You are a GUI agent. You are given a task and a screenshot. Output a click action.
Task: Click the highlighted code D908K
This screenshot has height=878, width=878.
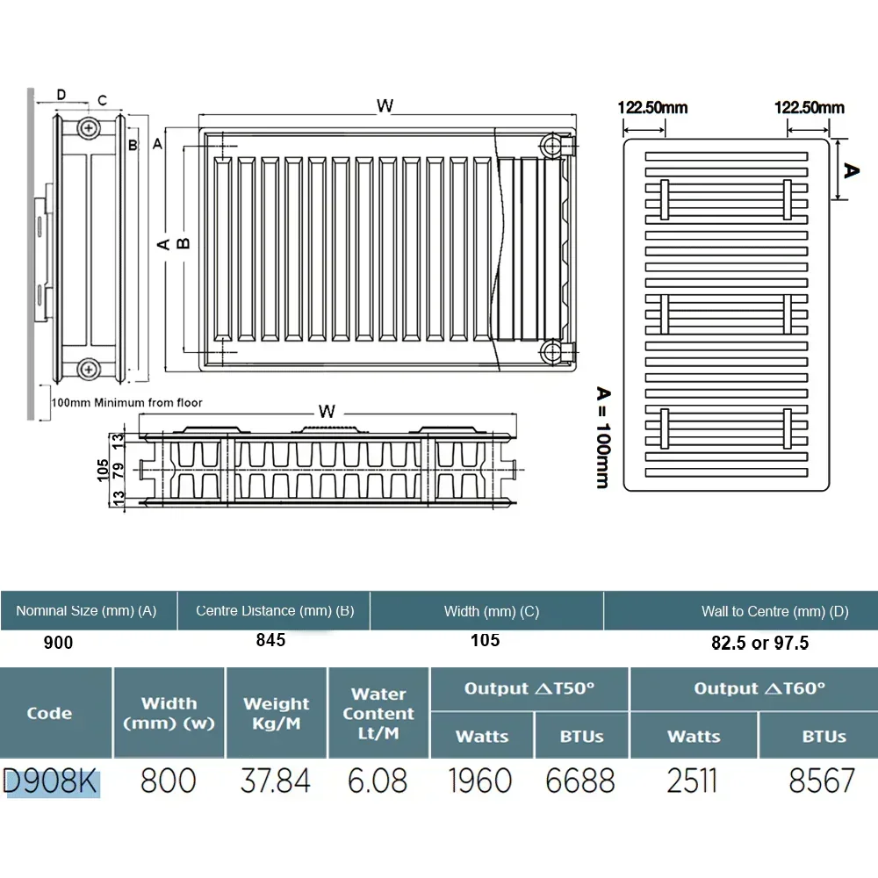tap(50, 781)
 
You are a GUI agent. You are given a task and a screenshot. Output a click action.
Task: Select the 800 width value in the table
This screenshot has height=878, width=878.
tap(168, 781)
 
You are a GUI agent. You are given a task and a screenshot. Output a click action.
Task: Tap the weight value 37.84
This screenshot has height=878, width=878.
tap(275, 781)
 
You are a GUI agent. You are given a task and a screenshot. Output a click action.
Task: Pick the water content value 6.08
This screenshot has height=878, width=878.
tap(377, 781)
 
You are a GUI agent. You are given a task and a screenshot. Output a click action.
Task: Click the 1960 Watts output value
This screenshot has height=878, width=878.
tap(480, 781)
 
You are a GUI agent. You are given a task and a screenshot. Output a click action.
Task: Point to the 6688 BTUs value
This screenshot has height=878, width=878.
tap(580, 781)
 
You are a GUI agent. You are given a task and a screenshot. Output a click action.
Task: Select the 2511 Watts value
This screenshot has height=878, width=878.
tap(692, 781)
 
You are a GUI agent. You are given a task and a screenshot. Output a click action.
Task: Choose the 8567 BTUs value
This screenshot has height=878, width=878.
tap(822, 781)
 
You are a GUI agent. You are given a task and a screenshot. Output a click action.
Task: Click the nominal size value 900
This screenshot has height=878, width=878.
tap(58, 643)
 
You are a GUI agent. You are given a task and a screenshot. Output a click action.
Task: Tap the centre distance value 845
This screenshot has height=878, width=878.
tap(271, 640)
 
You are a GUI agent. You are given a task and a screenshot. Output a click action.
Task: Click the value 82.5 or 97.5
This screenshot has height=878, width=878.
tap(759, 643)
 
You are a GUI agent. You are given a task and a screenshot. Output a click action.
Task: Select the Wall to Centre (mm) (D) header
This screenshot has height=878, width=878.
tap(775, 611)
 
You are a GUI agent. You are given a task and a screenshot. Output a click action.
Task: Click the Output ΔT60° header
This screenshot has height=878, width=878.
tap(759, 688)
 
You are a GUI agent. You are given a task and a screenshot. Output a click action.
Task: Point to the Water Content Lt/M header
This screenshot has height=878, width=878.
tap(378, 713)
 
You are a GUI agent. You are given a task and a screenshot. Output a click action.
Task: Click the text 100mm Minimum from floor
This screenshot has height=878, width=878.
tap(127, 403)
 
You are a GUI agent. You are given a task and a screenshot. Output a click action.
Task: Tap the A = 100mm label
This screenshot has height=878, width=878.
tap(603, 437)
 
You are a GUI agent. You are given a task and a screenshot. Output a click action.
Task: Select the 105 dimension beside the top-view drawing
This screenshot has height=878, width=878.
tap(103, 470)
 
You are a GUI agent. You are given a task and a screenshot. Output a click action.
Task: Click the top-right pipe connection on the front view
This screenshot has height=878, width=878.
tap(553, 146)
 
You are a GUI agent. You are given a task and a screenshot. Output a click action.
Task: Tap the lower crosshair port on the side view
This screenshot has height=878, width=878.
tap(89, 369)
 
